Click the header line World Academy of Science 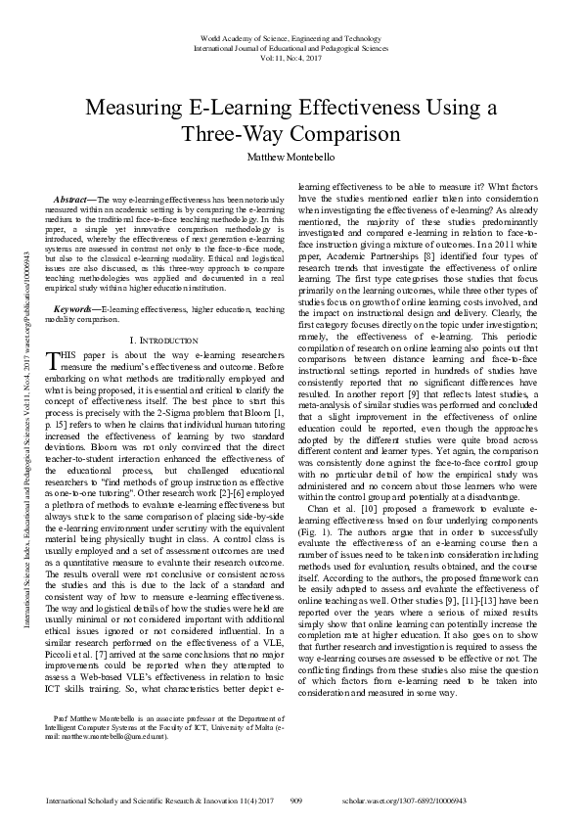coord(291,36)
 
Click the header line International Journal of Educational coord(291,47)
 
